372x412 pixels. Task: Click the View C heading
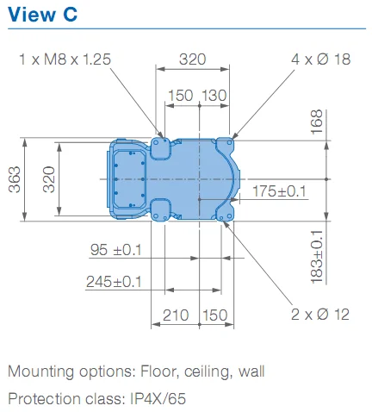point(43,15)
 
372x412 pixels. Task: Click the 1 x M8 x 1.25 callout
point(65,59)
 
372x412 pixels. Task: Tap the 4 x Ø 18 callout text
point(320,59)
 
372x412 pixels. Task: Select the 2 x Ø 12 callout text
point(320,315)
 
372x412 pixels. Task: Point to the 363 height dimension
point(15,179)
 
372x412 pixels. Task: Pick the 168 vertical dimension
point(317,122)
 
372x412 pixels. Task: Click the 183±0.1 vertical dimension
point(317,257)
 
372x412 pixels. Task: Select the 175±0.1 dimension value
point(280,191)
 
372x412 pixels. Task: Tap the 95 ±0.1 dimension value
point(116,250)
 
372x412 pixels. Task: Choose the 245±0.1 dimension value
point(114,282)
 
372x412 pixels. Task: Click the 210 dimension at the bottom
point(176,315)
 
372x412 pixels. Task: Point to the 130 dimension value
point(214,96)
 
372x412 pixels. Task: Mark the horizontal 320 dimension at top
point(193,59)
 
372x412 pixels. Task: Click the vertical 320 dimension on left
point(49,179)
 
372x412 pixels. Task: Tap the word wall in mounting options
point(251,371)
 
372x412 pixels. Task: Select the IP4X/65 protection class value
point(158,399)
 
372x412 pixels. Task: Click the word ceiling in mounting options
point(208,372)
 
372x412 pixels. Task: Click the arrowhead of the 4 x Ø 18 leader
point(233,137)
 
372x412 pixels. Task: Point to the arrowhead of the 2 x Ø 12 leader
point(226,223)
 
